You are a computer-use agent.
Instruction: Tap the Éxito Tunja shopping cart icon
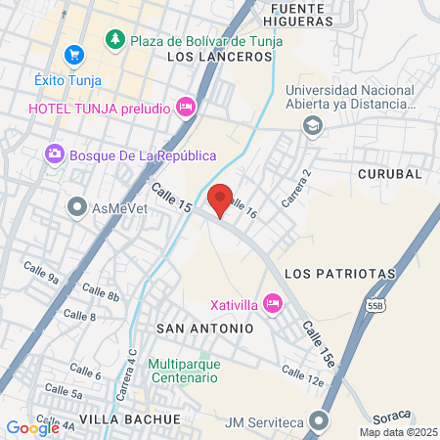tap(72, 55)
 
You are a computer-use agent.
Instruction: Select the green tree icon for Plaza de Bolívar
tap(115, 38)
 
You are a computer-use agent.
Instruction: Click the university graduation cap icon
tap(312, 124)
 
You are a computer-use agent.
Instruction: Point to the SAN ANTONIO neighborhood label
tap(204, 329)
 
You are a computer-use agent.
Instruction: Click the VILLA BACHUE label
tap(130, 418)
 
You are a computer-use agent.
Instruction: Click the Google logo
tap(32, 427)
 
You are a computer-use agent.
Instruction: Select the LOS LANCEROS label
tap(219, 57)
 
